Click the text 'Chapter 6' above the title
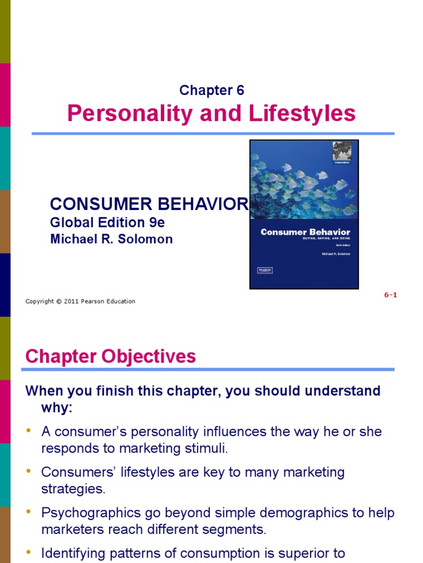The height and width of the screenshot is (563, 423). click(x=212, y=91)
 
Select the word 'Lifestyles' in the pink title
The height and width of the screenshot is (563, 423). click(x=302, y=114)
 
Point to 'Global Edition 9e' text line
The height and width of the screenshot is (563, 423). click(x=107, y=223)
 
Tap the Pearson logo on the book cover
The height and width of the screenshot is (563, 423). click(x=265, y=270)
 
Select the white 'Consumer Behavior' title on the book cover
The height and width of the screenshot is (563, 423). click(x=305, y=233)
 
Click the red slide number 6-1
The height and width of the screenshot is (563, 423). click(x=391, y=295)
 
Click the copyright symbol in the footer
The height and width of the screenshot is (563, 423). click(x=58, y=301)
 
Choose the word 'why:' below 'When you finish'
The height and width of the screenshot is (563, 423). click(x=57, y=408)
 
